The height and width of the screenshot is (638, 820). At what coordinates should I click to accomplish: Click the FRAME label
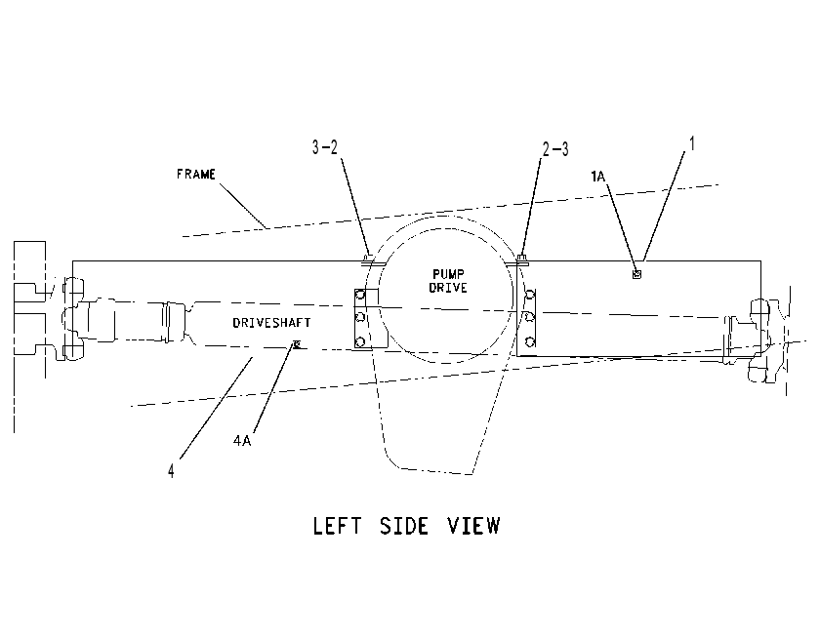195,174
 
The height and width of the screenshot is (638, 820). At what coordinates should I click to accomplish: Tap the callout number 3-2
325,147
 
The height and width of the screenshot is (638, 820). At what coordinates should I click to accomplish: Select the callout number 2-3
555,149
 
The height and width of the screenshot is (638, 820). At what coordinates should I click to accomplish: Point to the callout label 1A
597,177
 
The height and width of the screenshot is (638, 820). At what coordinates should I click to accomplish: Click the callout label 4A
242,441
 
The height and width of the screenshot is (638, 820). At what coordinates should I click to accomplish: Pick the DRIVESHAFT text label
271,323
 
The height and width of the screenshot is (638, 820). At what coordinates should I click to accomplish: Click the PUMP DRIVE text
448,281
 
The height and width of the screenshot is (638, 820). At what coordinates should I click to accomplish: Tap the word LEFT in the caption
337,526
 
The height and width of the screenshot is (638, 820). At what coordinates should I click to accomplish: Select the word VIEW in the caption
473,526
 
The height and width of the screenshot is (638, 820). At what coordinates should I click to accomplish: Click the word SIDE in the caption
404,526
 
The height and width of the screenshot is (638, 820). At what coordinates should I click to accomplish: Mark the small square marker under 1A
636,274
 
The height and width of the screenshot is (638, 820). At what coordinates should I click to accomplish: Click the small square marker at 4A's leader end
297,343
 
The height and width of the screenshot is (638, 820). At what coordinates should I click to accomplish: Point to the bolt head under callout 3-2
368,258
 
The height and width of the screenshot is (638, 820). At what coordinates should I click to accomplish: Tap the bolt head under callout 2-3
521,259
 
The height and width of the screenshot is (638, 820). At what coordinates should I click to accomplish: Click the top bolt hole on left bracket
360,295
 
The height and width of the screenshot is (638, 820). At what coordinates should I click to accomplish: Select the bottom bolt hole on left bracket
360,342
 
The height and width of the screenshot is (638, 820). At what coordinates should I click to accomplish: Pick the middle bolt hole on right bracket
530,317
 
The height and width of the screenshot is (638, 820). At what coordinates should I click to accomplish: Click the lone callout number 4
171,471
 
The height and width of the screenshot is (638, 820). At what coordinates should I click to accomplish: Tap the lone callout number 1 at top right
692,143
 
